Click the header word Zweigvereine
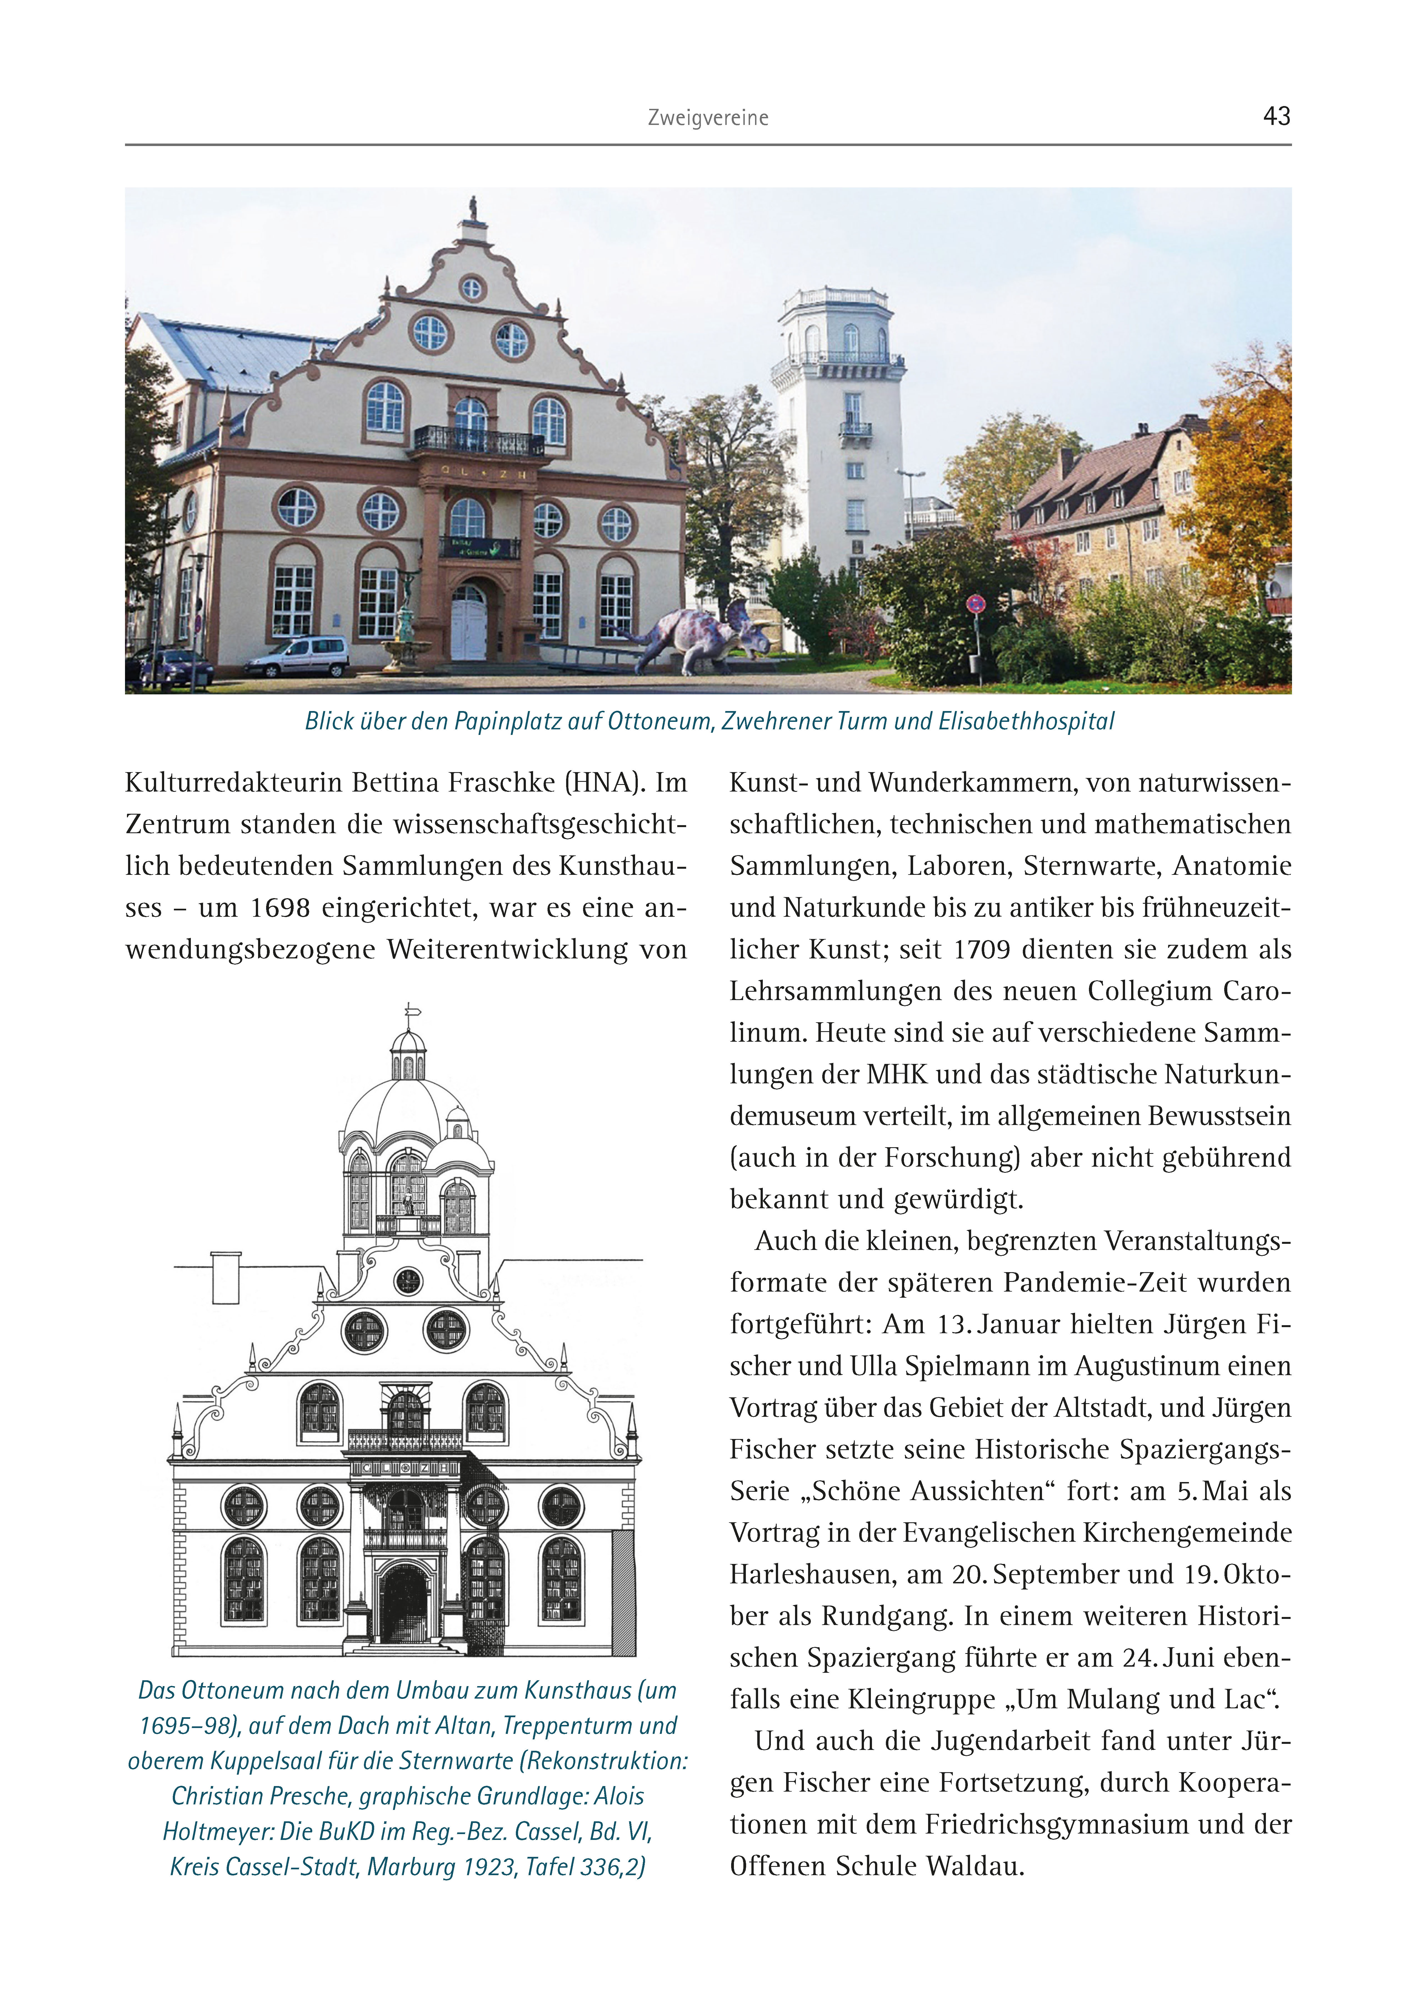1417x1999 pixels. (708, 118)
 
